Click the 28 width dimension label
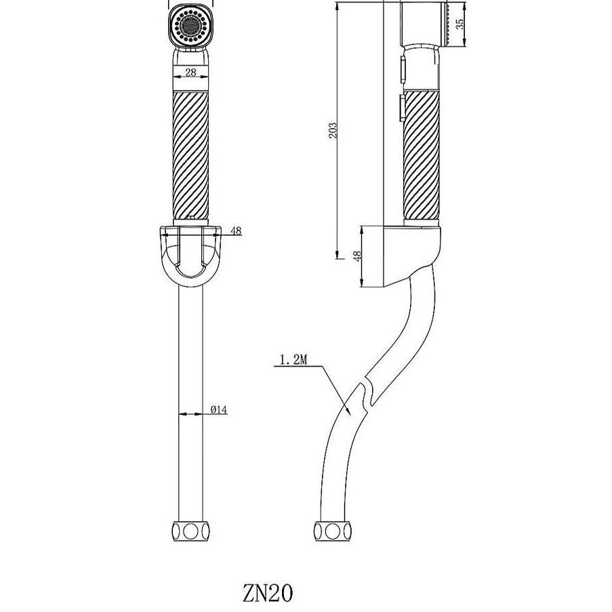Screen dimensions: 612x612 pos(190,72)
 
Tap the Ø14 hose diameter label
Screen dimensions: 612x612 pos(218,410)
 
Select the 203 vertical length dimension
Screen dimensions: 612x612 pos(332,130)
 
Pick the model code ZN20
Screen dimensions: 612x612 pos(267,593)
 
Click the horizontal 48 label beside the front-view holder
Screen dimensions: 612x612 pos(235,230)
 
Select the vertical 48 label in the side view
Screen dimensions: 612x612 pos(358,256)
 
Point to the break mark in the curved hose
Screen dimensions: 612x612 pos(366,393)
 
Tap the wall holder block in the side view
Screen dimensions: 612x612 pos(407,254)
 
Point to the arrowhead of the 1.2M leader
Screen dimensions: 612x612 pos(348,411)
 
